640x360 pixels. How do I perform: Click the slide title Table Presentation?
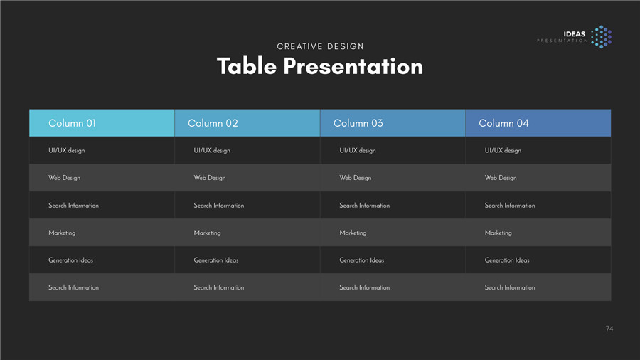tap(320, 66)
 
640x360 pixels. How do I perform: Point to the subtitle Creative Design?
tap(320, 46)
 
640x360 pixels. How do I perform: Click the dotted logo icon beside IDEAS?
tap(602, 37)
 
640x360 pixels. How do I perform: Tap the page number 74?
tap(609, 329)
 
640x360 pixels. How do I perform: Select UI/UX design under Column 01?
tap(67, 150)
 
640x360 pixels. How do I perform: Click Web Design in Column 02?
tap(209, 178)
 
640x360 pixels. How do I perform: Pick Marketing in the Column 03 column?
tap(353, 233)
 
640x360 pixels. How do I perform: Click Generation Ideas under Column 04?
tap(507, 260)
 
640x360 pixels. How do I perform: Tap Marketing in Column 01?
tap(62, 233)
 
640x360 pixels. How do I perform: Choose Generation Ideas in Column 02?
tap(216, 260)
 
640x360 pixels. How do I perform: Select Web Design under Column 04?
tap(501, 178)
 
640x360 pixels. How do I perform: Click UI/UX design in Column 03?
tap(358, 150)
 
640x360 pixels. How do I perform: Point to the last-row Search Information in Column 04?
tap(510, 287)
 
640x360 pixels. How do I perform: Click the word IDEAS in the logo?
tap(575, 34)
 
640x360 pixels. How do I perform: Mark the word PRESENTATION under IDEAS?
tap(562, 41)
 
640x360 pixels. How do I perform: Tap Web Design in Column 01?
tap(64, 178)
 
